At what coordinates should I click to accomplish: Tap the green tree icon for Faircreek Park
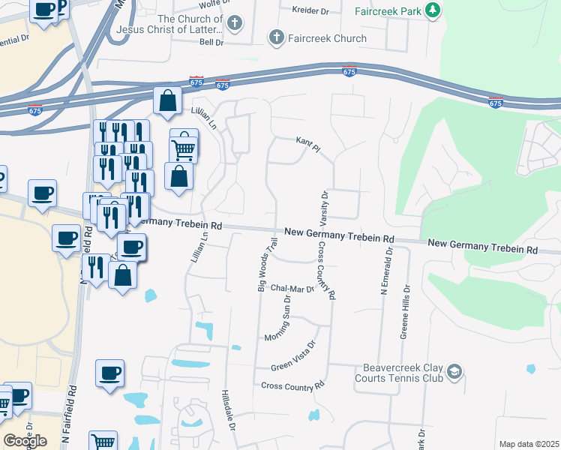432,10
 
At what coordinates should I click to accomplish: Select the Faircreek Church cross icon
277,37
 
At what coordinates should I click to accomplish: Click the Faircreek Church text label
327,38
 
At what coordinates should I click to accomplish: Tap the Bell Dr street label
211,42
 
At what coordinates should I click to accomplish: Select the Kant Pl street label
308,144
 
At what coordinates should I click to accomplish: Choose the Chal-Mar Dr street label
292,287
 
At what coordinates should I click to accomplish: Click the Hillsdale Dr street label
228,409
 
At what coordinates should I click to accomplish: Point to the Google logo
25,441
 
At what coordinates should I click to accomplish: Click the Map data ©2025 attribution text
529,444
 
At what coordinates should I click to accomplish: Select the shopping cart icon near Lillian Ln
184,146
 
